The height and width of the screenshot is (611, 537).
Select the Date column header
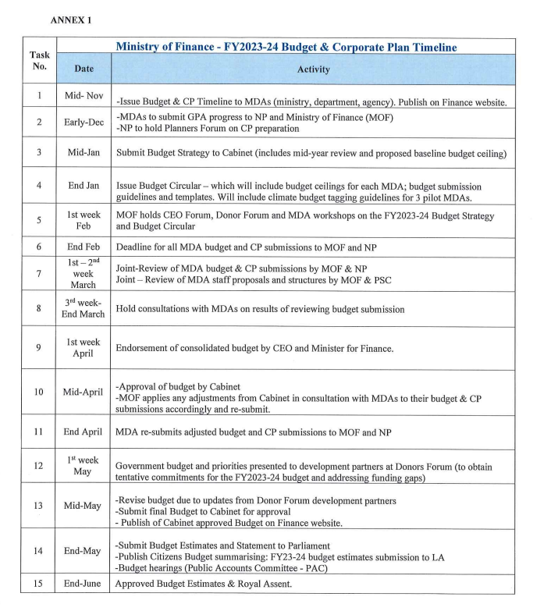click(83, 69)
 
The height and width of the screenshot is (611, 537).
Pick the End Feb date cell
click(83, 245)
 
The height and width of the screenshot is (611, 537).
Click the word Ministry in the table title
click(145, 47)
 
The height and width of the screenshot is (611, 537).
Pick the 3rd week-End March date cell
click(83, 308)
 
